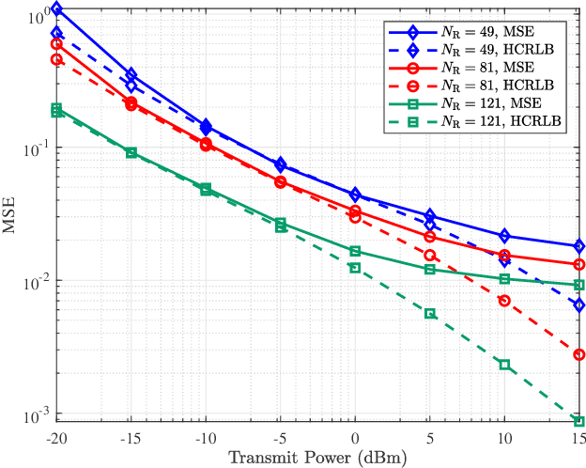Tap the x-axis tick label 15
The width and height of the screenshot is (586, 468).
[x=578, y=438]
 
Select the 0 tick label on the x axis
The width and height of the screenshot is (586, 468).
[x=355, y=438]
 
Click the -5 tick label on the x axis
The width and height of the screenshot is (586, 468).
[x=280, y=438]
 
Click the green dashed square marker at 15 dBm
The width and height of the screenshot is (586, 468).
[x=579, y=421]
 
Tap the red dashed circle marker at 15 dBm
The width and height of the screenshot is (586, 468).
[x=579, y=354]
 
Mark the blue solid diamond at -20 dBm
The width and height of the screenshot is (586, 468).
[x=56, y=9]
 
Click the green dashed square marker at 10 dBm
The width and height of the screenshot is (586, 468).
[x=504, y=365]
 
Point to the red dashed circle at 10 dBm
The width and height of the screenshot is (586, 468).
[x=504, y=301]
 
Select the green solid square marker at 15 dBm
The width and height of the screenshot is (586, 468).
[x=579, y=285]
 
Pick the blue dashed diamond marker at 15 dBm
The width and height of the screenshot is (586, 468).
[x=579, y=304]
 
